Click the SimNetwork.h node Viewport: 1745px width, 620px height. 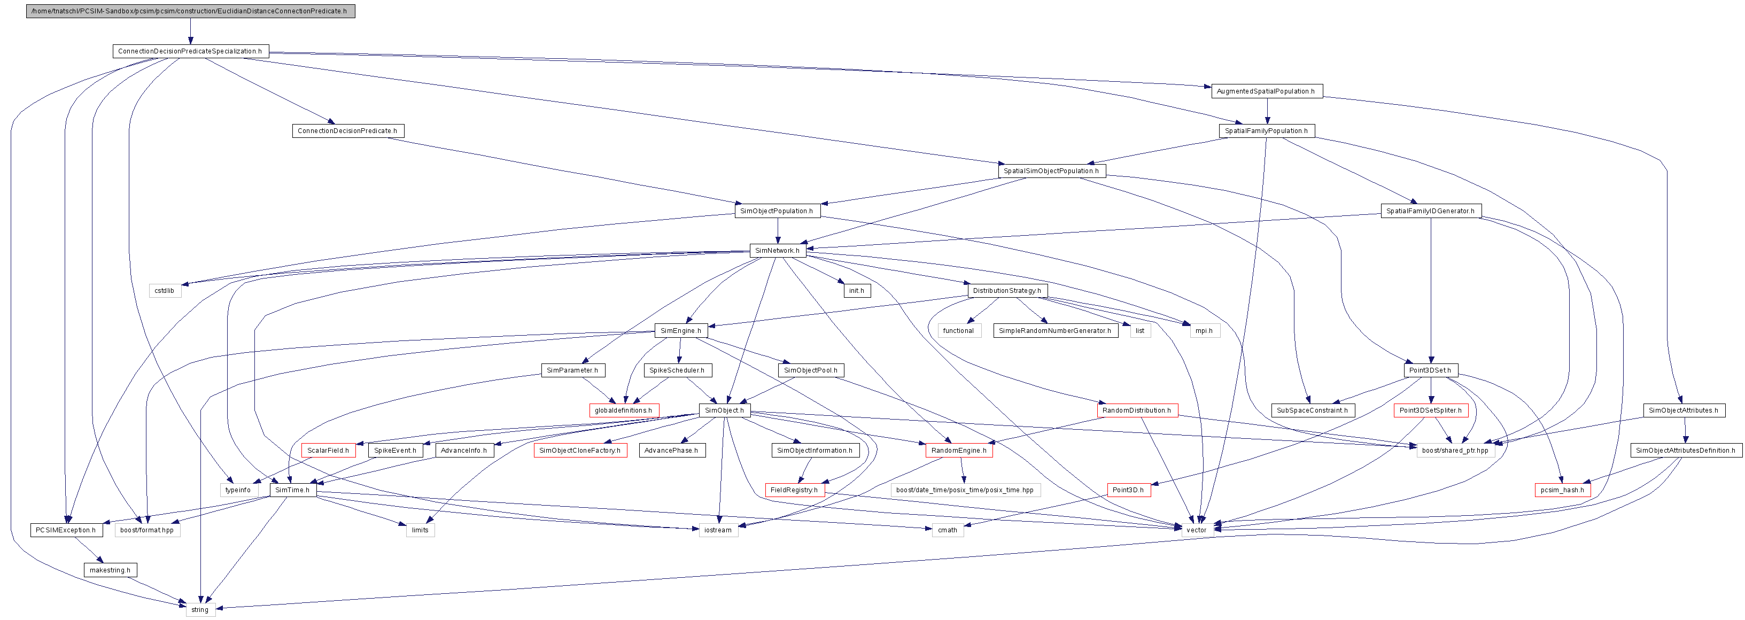tap(777, 251)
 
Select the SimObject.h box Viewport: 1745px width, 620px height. tap(724, 410)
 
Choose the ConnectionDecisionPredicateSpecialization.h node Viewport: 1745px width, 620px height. tap(190, 51)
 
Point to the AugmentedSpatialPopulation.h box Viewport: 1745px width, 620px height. tap(1266, 91)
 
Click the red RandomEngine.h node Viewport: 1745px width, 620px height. tap(958, 451)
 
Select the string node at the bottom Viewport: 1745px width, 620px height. tap(200, 610)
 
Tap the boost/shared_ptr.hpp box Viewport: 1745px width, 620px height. tap(1454, 451)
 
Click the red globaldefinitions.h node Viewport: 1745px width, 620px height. tap(623, 410)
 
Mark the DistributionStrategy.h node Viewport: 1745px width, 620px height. tap(1006, 291)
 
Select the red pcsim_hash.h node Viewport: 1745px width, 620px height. tap(1562, 491)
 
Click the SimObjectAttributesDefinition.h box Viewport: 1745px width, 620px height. tap(1685, 451)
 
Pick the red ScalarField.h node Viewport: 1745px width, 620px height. tap(328, 451)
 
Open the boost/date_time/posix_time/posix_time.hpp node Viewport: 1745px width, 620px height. tap(965, 491)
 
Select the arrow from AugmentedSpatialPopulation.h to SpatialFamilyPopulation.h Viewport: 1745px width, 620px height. tap(1267, 111)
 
